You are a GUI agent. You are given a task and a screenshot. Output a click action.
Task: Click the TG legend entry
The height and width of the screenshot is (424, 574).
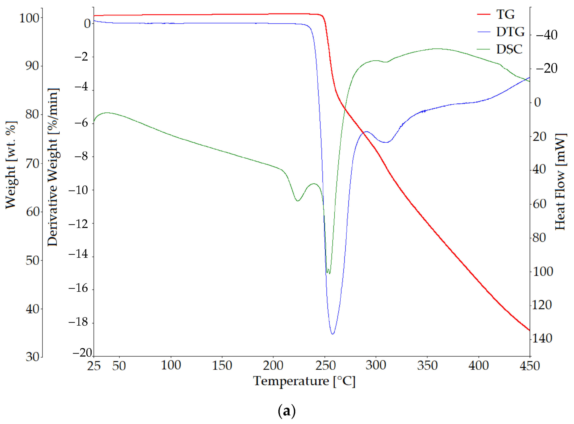tap(505, 14)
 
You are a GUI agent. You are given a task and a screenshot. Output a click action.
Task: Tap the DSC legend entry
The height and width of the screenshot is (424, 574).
tap(509, 49)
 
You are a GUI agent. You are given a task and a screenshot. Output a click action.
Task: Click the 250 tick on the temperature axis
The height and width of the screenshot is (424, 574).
tap(325, 365)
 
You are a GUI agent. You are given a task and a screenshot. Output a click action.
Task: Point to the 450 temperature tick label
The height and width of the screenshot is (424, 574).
tap(530, 365)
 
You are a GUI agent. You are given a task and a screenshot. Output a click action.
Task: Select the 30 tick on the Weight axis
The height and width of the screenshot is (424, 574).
tap(33, 357)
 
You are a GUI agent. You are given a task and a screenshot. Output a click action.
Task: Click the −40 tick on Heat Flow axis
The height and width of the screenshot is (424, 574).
tap(547, 35)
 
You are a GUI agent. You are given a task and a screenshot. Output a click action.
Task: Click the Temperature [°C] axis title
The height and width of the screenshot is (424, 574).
tap(304, 381)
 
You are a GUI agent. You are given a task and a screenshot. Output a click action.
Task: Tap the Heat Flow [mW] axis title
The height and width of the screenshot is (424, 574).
tap(560, 182)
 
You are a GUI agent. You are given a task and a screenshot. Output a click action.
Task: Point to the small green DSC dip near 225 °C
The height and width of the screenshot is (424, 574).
tap(298, 201)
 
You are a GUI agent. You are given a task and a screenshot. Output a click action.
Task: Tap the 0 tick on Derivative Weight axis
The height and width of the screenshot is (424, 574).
tap(87, 24)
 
